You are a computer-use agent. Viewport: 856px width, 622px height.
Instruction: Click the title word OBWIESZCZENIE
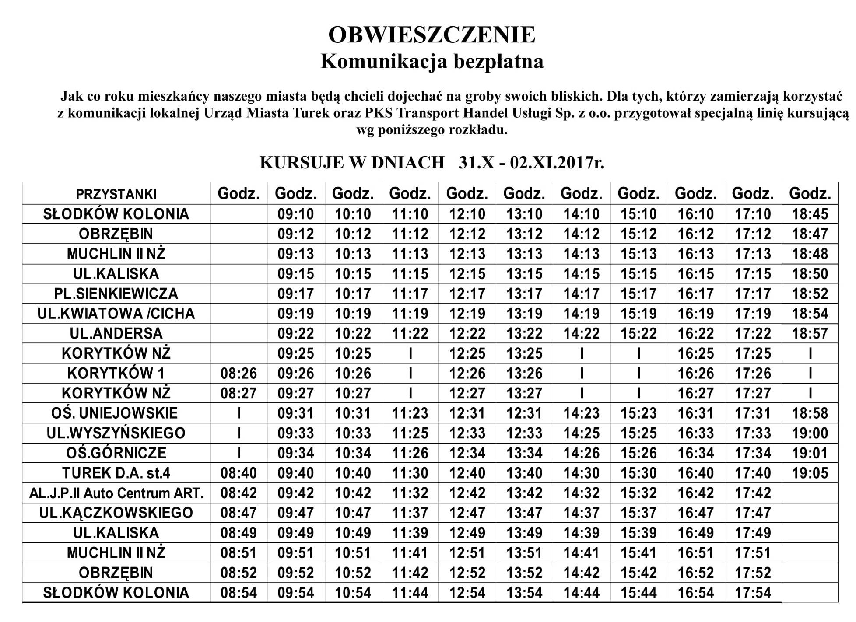(x=432, y=35)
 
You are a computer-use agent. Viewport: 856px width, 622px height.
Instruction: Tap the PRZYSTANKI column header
(x=116, y=194)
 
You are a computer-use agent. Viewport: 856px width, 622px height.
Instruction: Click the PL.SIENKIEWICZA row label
(x=116, y=294)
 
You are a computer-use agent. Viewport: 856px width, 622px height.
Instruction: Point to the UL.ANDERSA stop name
(x=116, y=333)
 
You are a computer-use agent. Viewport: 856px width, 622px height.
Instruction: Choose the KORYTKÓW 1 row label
(x=116, y=373)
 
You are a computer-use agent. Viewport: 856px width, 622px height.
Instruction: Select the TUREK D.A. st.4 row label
(x=116, y=473)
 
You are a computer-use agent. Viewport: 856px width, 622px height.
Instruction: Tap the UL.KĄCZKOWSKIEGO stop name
(x=116, y=513)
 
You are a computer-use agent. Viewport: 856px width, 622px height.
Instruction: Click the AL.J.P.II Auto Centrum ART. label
(x=116, y=493)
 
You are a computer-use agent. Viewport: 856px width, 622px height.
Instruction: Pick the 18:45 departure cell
(x=810, y=214)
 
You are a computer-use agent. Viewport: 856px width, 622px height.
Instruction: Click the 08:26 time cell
(x=239, y=373)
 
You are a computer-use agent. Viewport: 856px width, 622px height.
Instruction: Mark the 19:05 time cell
(x=810, y=473)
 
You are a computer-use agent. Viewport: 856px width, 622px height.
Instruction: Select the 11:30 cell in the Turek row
(x=410, y=473)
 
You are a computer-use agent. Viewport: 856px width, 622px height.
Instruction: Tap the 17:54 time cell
(x=753, y=593)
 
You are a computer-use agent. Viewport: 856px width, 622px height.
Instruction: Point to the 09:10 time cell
(x=296, y=214)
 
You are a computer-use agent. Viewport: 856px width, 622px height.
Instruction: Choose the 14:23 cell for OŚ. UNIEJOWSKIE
(x=581, y=413)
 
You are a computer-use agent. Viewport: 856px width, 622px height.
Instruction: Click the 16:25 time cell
(x=696, y=353)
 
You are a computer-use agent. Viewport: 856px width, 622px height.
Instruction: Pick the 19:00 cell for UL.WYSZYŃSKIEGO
(x=810, y=433)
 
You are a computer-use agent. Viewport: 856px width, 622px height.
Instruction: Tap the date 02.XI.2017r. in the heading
(x=557, y=163)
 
